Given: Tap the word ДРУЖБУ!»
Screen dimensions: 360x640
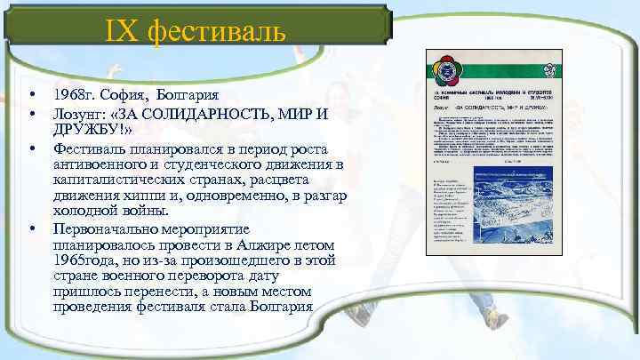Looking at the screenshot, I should (x=92, y=130).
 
